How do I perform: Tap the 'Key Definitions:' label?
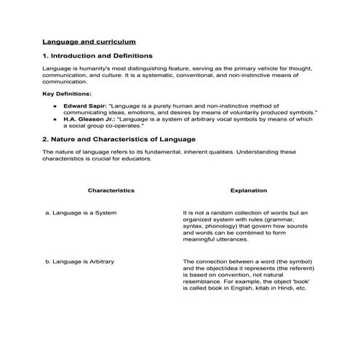tap(67, 94)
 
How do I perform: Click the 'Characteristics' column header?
tap(111, 191)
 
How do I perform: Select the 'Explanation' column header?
tap(248, 191)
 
